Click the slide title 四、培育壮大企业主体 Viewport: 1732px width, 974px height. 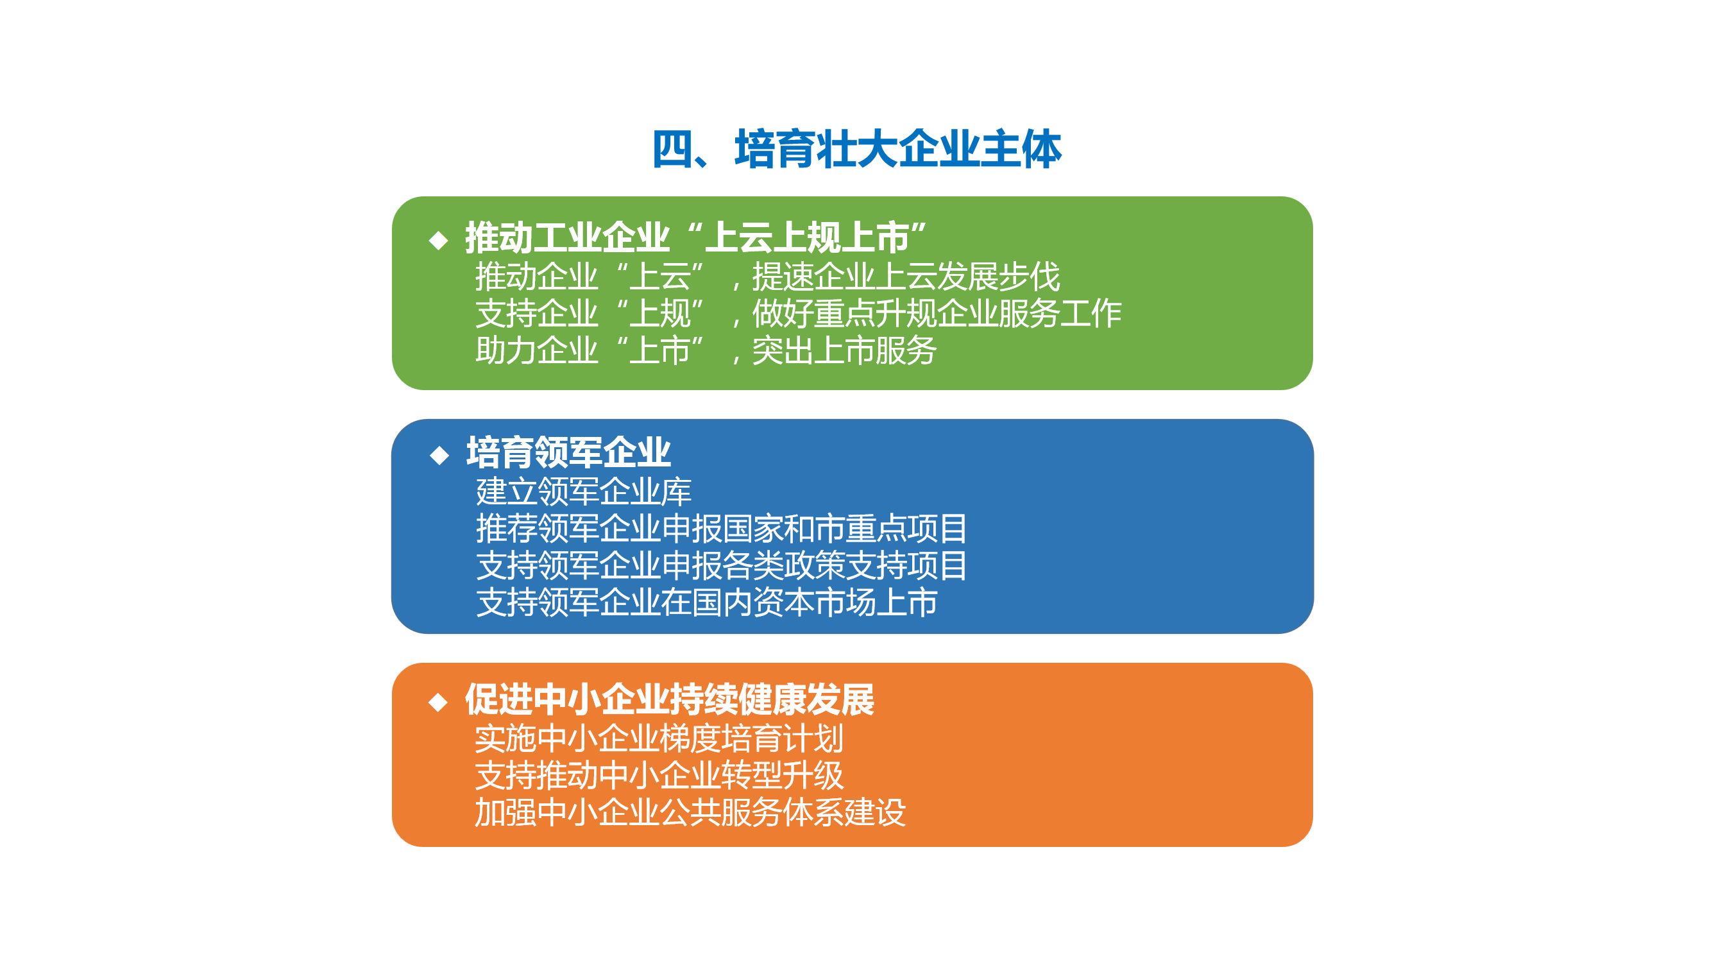(x=856, y=149)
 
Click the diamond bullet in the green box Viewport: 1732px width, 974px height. (x=438, y=240)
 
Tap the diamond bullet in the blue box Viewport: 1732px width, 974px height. (x=439, y=456)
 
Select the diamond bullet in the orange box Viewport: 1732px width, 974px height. (x=438, y=702)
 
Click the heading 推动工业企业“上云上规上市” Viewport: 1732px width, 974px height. (x=696, y=237)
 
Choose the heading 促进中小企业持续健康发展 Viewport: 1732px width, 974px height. (x=670, y=699)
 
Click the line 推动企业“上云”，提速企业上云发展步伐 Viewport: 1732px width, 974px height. (x=768, y=277)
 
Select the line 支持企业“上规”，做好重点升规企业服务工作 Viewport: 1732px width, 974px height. (x=799, y=314)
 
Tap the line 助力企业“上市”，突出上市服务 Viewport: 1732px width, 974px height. (x=706, y=350)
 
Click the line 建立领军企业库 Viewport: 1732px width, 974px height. (x=584, y=491)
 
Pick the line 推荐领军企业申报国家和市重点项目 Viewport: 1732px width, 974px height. (x=722, y=529)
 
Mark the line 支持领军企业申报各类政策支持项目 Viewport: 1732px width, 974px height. (x=722, y=566)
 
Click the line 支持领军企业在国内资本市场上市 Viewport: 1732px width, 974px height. (x=707, y=602)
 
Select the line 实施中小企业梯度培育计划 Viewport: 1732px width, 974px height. (x=659, y=739)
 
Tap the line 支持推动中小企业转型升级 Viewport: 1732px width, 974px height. (x=659, y=776)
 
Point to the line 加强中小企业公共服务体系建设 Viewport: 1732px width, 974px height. (x=690, y=812)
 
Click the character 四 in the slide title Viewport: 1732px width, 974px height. (x=672, y=149)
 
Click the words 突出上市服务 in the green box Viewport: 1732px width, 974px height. (x=844, y=350)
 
